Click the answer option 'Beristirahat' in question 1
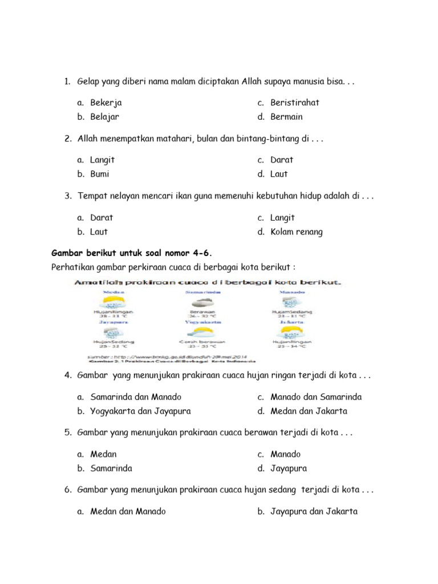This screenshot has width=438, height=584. tap(294, 103)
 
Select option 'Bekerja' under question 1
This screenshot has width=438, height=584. tap(106, 103)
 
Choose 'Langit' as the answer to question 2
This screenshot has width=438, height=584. tap(103, 160)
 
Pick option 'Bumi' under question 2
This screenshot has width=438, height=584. tap(100, 174)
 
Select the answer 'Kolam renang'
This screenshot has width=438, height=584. tap(297, 232)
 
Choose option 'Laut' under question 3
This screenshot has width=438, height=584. tap(99, 232)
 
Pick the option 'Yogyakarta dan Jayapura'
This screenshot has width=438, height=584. tap(140, 411)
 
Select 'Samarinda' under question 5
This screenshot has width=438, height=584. tap(111, 468)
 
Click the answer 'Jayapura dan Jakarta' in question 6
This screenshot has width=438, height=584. tap(314, 512)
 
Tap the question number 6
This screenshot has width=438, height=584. tap(67, 490)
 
